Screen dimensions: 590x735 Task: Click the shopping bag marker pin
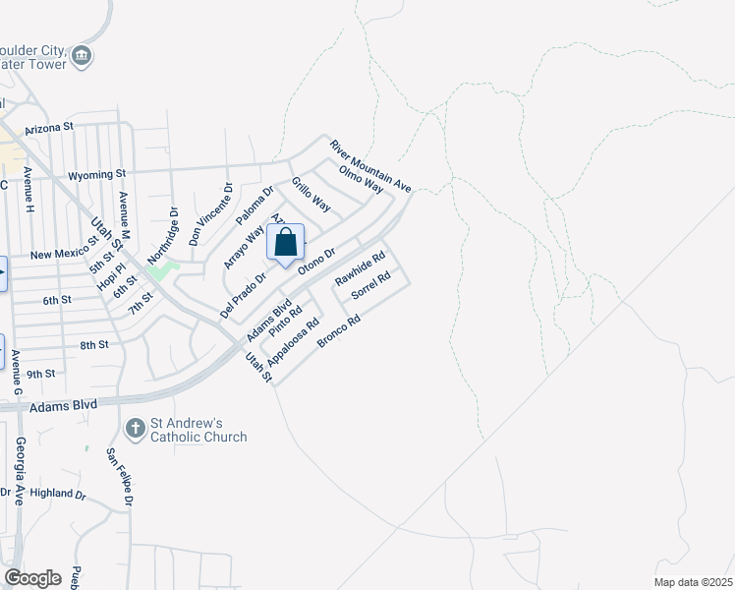click(x=285, y=243)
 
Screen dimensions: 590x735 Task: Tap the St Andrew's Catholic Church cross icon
click(x=136, y=428)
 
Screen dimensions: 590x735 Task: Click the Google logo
click(x=32, y=578)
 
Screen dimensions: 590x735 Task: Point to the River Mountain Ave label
click(x=369, y=164)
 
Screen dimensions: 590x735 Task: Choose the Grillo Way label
click(x=311, y=196)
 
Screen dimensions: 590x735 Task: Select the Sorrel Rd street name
click(x=371, y=285)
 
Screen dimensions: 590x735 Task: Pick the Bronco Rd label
click(x=341, y=331)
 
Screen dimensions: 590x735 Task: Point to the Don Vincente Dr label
click(x=211, y=213)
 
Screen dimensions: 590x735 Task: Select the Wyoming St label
click(x=97, y=175)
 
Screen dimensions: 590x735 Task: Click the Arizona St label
click(x=49, y=128)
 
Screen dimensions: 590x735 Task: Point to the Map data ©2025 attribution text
click(x=692, y=582)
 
